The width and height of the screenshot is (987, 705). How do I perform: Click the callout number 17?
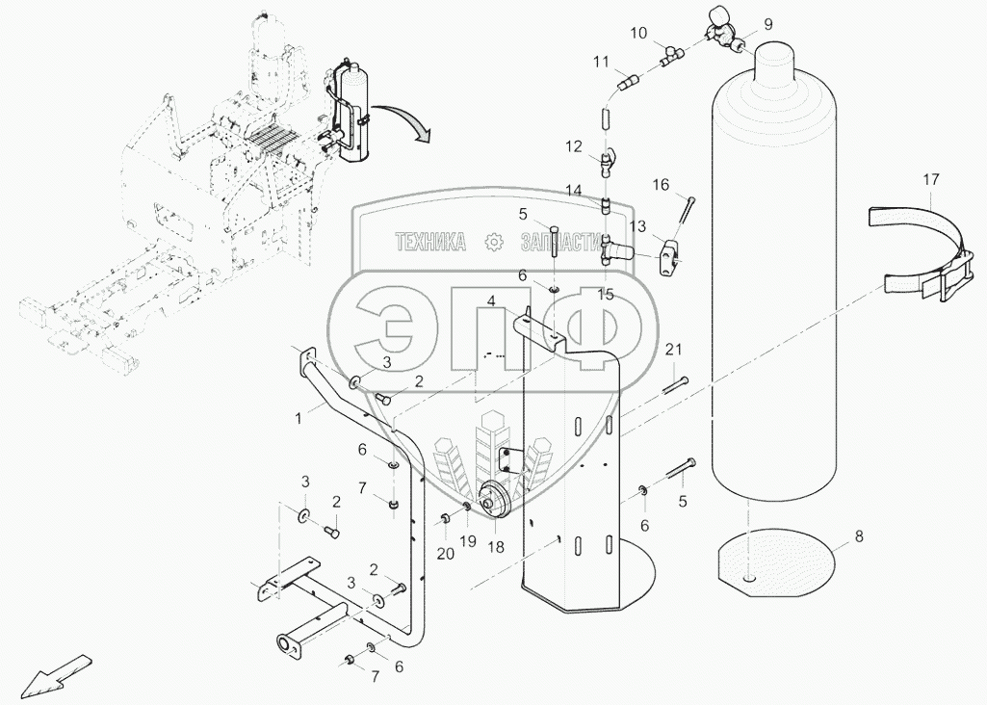point(930,179)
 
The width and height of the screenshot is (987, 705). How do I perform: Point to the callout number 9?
point(768,23)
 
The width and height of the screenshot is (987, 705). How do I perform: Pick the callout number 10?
point(638,33)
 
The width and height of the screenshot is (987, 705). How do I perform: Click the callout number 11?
point(602,64)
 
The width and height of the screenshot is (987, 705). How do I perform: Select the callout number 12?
point(574,146)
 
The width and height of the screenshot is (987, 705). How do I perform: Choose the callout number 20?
point(444,553)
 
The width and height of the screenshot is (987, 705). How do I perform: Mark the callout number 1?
point(299,418)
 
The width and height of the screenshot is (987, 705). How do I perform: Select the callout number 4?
point(491,301)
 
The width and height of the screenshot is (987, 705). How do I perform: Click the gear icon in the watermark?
point(493,242)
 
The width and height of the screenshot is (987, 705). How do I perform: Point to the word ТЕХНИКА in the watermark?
point(430,242)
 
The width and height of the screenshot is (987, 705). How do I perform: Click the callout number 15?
point(605,294)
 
